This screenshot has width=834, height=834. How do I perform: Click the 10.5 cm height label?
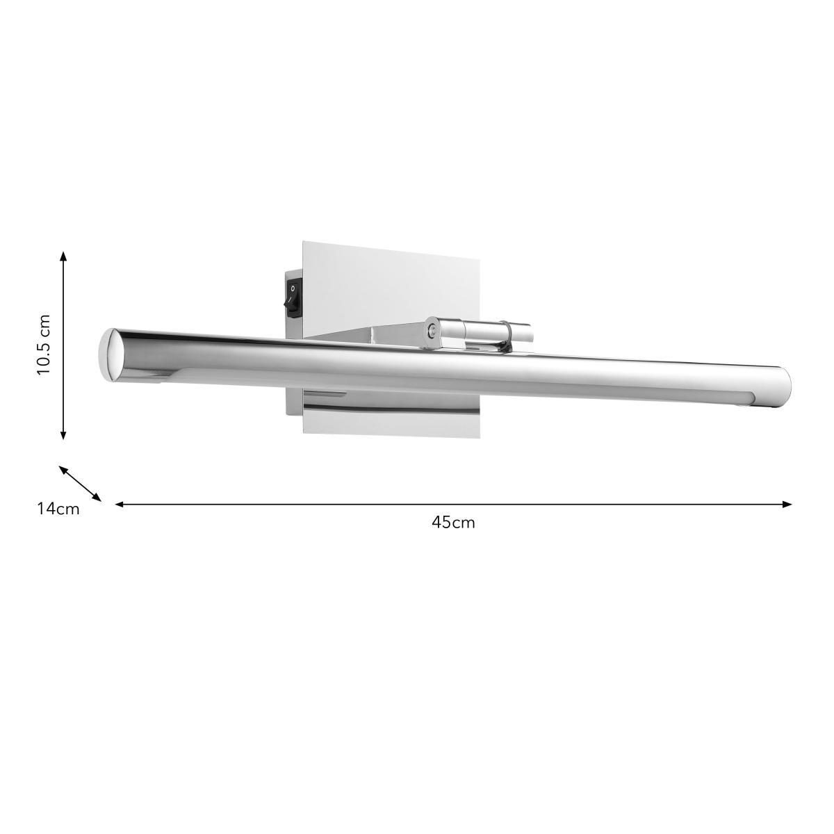pos(44,345)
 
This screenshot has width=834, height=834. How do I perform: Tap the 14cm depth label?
pos(58,509)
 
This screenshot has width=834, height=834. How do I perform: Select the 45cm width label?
pos(453,523)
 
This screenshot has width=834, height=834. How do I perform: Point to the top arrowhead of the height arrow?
pos(63,256)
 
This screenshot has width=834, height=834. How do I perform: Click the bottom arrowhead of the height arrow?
pos(63,435)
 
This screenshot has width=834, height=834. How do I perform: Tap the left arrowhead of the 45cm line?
pos(120,504)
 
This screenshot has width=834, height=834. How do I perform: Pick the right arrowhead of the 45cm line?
pos(787,504)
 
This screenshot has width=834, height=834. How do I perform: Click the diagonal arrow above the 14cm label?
pos(80,484)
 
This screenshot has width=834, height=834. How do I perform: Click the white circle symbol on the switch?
pos(293,287)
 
